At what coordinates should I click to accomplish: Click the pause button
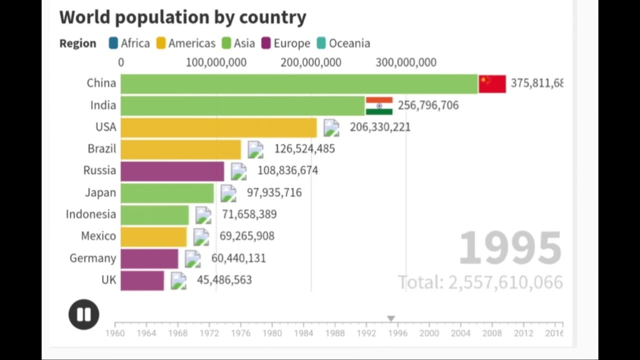[x=83, y=314]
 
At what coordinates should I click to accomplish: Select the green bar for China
[x=299, y=83]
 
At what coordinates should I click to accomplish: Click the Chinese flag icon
[x=492, y=83]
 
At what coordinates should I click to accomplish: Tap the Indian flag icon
[x=379, y=105]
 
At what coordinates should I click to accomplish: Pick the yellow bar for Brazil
[x=180, y=149]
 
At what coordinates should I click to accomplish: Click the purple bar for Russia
[x=172, y=171]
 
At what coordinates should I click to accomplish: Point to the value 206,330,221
[x=380, y=127]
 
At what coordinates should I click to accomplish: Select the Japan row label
[x=100, y=192]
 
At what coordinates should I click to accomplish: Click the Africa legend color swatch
[x=113, y=43]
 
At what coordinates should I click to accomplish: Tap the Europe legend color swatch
[x=266, y=43]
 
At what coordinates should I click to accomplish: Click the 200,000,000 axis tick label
[x=311, y=62]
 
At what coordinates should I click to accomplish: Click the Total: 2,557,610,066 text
[x=480, y=282]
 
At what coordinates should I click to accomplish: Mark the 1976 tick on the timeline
[x=240, y=333]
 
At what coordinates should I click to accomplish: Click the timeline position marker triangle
[x=391, y=318]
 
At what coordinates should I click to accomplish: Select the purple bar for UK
[x=142, y=280]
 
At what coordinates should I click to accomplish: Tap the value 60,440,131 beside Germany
[x=238, y=258]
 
